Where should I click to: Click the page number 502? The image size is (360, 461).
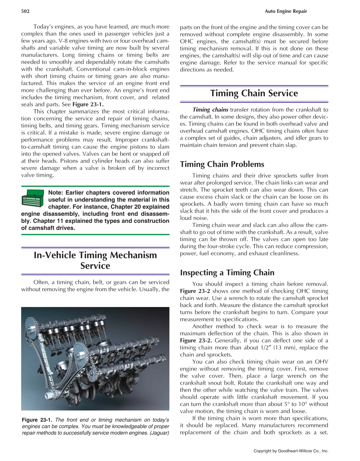tap(25, 11)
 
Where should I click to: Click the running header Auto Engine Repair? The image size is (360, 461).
tap(286, 11)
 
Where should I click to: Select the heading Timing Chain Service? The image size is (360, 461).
tap(254, 93)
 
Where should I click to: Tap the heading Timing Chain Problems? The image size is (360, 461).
tap(222, 164)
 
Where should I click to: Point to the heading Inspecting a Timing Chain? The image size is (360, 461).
tap(227, 273)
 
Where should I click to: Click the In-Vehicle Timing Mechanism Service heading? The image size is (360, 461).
tap(95, 260)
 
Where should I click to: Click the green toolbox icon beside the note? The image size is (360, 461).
tap(33, 198)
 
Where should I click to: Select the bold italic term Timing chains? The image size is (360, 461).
tap(210, 110)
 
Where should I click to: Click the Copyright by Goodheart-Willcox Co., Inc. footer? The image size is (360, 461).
tap(291, 451)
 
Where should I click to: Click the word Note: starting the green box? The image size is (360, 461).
tap(56, 193)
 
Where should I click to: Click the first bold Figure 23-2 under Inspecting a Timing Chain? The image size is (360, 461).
tap(195, 291)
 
